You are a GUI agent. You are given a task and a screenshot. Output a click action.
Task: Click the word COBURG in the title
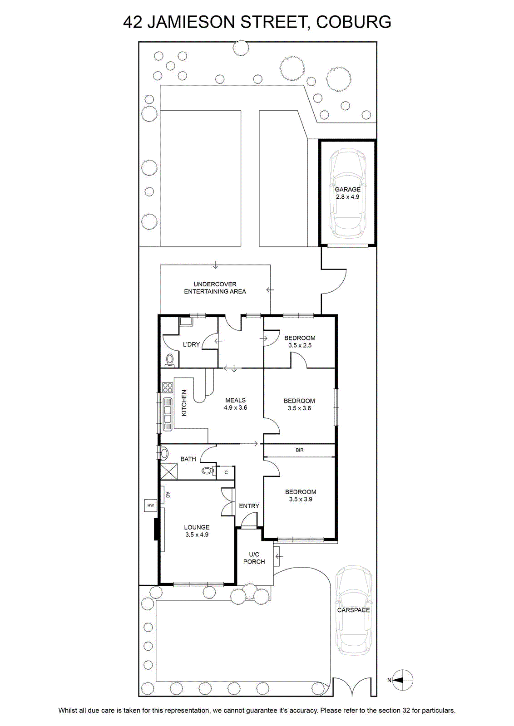(x=353, y=22)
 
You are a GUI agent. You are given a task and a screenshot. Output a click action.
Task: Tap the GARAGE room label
(x=348, y=189)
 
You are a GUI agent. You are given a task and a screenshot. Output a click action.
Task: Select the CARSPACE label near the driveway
(x=353, y=610)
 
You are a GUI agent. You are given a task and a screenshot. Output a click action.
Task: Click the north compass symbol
(x=403, y=680)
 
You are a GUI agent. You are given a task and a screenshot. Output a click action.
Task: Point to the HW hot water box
(x=150, y=505)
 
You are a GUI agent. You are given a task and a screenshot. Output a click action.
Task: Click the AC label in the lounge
(x=168, y=495)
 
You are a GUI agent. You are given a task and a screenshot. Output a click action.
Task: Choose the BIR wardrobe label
(x=300, y=450)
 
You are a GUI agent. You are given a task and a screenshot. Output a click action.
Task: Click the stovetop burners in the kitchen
(x=168, y=388)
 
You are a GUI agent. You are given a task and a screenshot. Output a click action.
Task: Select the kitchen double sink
(x=168, y=414)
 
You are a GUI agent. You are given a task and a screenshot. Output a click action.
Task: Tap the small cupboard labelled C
(x=226, y=472)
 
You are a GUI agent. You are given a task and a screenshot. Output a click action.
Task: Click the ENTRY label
(x=249, y=506)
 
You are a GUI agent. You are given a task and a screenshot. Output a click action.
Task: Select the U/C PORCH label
(x=254, y=558)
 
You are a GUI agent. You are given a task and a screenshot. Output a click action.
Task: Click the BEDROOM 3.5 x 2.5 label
(x=300, y=342)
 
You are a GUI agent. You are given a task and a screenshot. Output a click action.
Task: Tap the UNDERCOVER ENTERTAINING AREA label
(x=215, y=288)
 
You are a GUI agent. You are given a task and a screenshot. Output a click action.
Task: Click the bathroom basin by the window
(x=164, y=453)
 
